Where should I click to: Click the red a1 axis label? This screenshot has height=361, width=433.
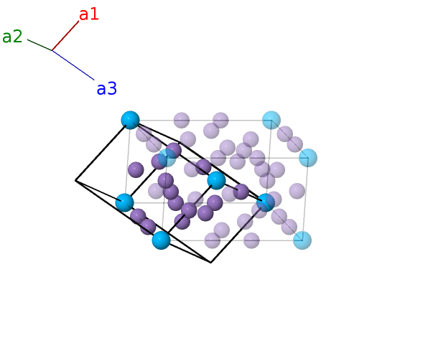coord(89,14)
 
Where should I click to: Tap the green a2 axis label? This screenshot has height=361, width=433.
coord(12,37)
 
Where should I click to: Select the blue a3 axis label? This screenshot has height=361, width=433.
coord(106,89)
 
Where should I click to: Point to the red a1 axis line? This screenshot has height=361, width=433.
coord(65,35)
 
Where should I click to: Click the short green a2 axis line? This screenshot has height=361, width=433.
coord(39,45)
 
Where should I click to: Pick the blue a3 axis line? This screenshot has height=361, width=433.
coord(73,65)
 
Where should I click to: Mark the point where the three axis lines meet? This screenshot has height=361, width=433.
coord(52,50)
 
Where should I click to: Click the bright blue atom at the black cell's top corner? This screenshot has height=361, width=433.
coord(130,120)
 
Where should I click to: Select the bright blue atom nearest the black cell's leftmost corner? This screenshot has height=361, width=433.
coord(124,202)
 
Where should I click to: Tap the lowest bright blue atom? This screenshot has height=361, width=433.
coord(161,240)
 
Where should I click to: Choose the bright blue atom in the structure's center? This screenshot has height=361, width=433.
coord(216,180)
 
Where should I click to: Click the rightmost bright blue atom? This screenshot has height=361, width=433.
coord(266,202)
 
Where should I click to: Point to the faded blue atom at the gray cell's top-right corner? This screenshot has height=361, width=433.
coord(271,120)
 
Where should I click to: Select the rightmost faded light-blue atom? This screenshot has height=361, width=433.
coord(308,157)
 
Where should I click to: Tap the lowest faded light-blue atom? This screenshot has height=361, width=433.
coord(302,240)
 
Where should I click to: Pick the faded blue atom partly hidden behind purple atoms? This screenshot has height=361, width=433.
coord(168,157)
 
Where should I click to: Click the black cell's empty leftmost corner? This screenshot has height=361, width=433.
coord(75,181)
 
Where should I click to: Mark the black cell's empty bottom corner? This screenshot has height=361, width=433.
coord(210,263)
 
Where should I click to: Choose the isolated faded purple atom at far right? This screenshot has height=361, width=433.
coord(297,191)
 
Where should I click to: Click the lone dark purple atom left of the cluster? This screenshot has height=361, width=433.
coord(136,169)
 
